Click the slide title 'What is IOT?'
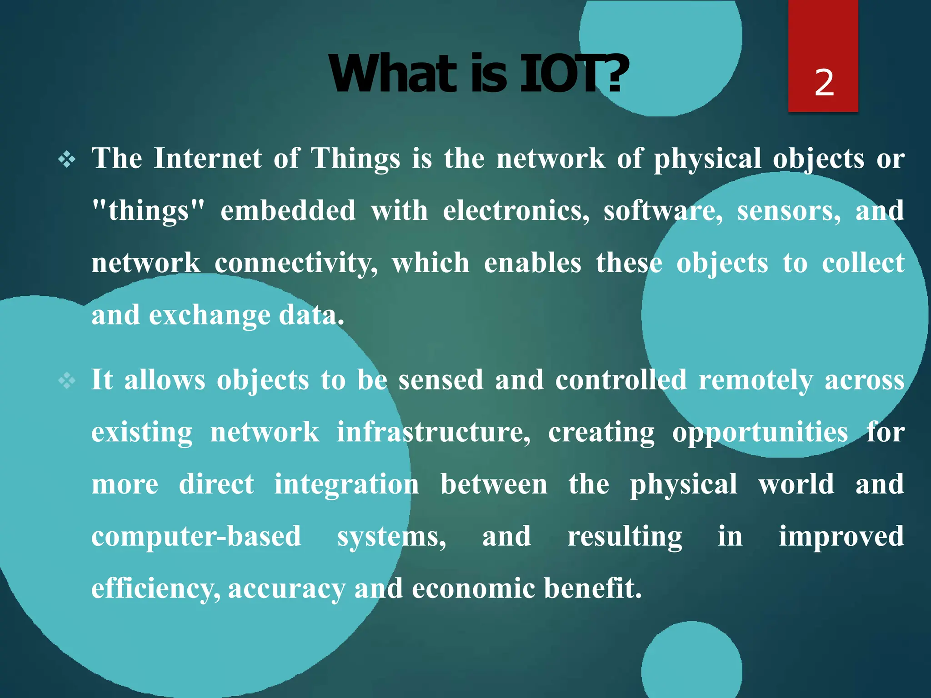pos(478,74)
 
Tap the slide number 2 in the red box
pos(824,83)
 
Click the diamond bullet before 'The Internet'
pos(67,160)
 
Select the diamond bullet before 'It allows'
pos(67,381)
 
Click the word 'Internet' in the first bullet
pos(208,159)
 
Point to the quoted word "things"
pos(148,211)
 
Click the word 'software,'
pos(663,211)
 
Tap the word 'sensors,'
pos(789,211)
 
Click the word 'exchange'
pos(210,315)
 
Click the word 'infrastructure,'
pos(433,432)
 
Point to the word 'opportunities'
pos(760,432)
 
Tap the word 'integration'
pos(346,484)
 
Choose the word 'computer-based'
pos(196,537)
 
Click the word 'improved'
pos(841,537)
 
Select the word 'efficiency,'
pos(156,589)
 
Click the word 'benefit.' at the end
pos(592,588)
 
